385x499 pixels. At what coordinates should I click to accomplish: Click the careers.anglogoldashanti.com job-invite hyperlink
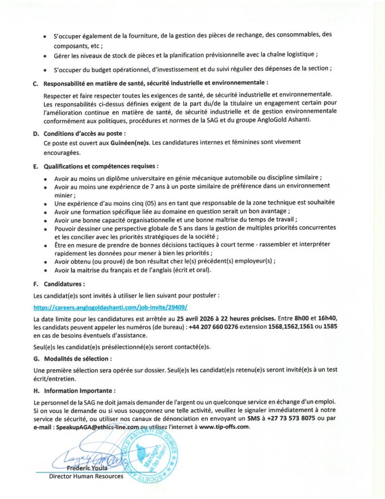(110, 307)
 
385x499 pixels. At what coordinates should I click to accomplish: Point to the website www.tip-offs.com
(224, 427)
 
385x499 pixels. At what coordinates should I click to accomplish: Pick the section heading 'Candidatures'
(64, 283)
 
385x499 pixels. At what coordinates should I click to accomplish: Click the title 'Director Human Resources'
(86, 476)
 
